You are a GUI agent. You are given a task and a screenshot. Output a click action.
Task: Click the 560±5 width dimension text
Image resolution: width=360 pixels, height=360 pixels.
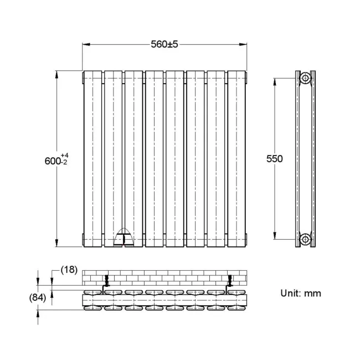[x=164, y=44]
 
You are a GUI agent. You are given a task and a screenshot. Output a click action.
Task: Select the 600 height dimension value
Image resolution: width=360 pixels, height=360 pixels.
[x=53, y=161]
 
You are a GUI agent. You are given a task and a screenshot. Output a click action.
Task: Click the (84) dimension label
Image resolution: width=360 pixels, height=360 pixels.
[x=37, y=298]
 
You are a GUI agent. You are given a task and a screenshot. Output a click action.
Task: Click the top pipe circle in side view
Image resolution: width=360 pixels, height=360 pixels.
[x=305, y=79]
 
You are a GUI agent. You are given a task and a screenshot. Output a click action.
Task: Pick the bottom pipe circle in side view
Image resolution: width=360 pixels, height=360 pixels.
[x=305, y=239]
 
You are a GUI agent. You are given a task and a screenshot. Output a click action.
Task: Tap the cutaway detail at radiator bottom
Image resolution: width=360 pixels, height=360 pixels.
[x=124, y=236]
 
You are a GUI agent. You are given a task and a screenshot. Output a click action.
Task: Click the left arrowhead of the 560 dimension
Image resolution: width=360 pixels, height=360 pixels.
[x=85, y=44]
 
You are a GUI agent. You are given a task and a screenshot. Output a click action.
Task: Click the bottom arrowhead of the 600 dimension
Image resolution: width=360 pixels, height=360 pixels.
[x=56, y=244]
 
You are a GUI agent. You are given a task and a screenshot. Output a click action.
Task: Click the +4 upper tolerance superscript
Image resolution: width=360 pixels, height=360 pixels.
[x=65, y=155]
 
